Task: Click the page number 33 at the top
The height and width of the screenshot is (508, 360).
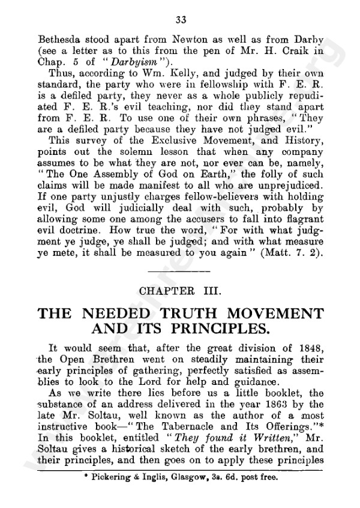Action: pyautogui.click(x=181, y=20)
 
